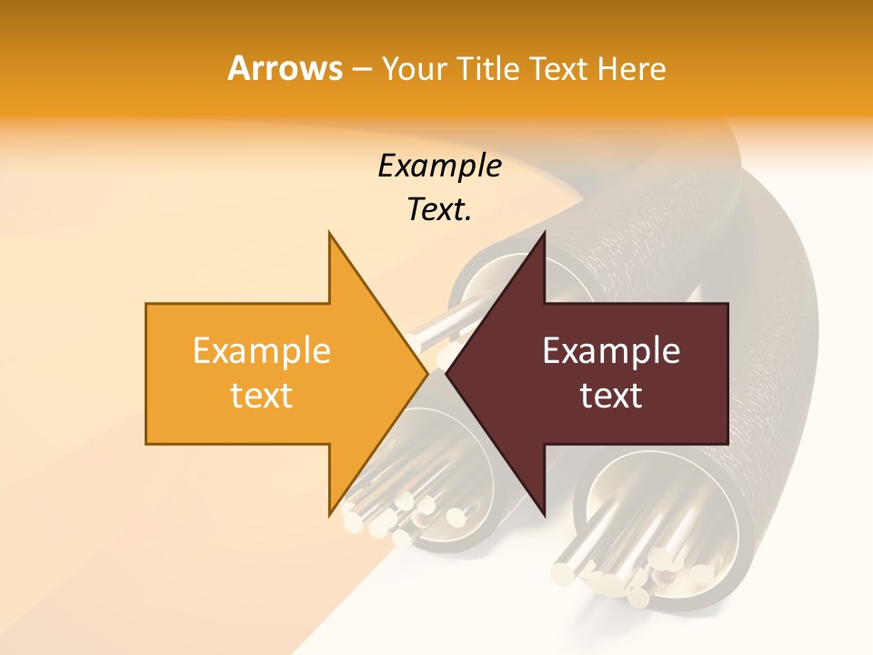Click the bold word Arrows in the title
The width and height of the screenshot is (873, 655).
point(285,68)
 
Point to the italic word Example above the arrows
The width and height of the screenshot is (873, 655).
point(439,166)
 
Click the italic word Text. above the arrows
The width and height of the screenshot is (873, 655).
point(439,209)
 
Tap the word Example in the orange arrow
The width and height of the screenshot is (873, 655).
point(262,351)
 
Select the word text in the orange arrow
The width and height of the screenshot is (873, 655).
point(262,396)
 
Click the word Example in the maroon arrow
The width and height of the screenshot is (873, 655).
point(611,351)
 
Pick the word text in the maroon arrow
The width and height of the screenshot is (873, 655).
point(611,396)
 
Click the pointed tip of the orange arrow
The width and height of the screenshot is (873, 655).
point(428,373)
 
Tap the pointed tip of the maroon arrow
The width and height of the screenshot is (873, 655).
point(446,373)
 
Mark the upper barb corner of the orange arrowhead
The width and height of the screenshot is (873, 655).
point(329,233)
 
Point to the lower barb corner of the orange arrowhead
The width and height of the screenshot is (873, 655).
point(329,515)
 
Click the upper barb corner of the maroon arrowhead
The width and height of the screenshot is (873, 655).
point(544,233)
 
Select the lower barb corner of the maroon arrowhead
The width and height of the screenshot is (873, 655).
point(544,515)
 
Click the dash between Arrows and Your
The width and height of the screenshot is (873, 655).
point(361,70)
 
